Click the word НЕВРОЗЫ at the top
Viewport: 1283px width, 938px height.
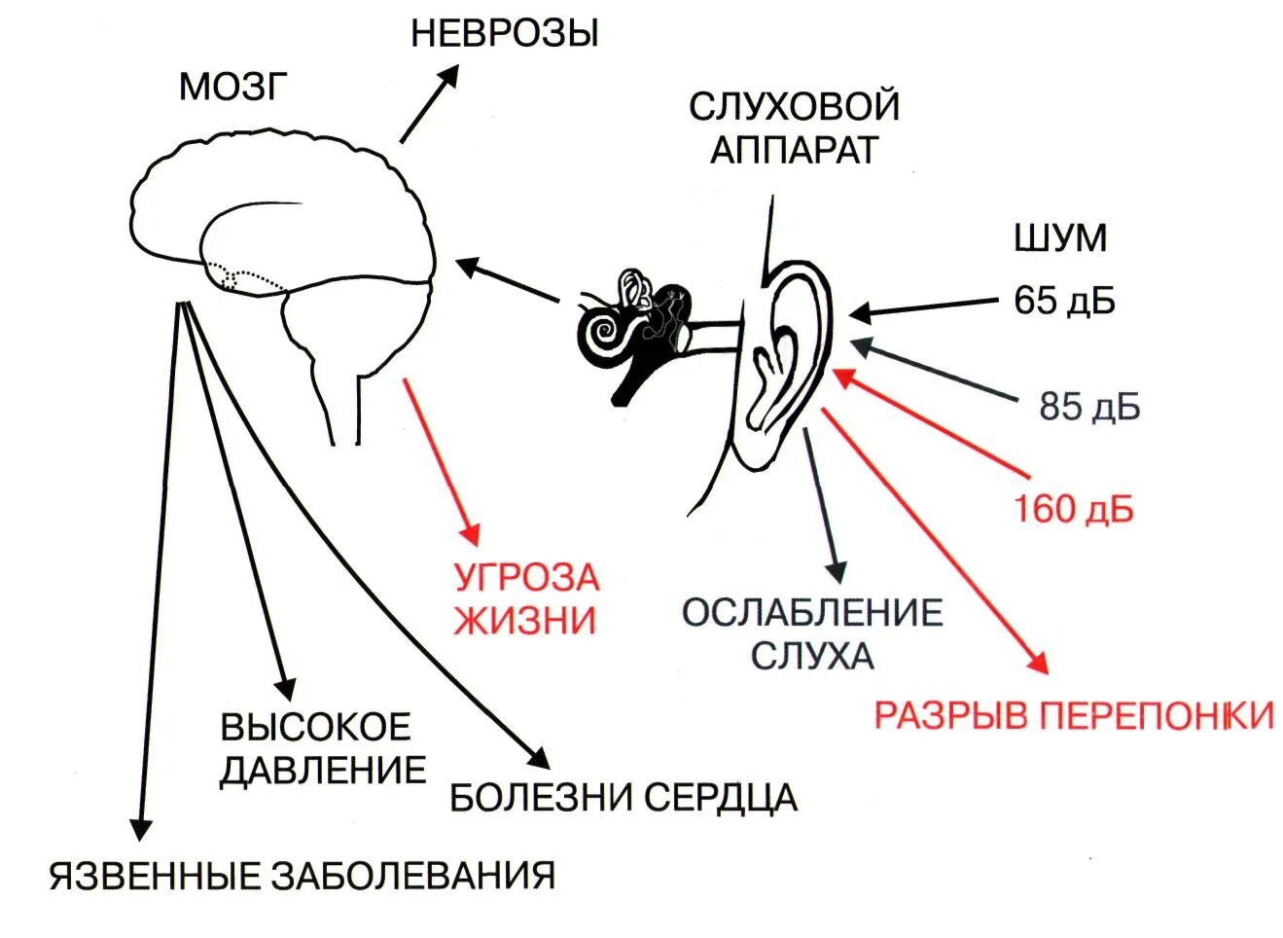(x=504, y=34)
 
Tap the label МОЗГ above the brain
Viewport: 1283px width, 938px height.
(x=233, y=88)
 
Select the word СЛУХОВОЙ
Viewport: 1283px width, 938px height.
(x=794, y=106)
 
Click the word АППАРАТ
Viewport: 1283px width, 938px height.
(x=794, y=150)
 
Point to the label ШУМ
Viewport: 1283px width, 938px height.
(x=1060, y=238)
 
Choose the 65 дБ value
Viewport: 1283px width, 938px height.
(x=1064, y=301)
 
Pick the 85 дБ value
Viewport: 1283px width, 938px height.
(x=1088, y=407)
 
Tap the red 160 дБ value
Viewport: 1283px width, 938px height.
(x=1074, y=509)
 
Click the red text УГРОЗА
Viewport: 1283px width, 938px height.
(x=526, y=577)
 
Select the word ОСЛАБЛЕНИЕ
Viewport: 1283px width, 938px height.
(x=812, y=613)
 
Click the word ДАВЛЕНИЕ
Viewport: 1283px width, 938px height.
(x=323, y=771)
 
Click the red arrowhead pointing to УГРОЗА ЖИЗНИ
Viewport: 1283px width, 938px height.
(x=472, y=534)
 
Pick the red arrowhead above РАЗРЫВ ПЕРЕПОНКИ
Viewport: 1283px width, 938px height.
(x=1038, y=664)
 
